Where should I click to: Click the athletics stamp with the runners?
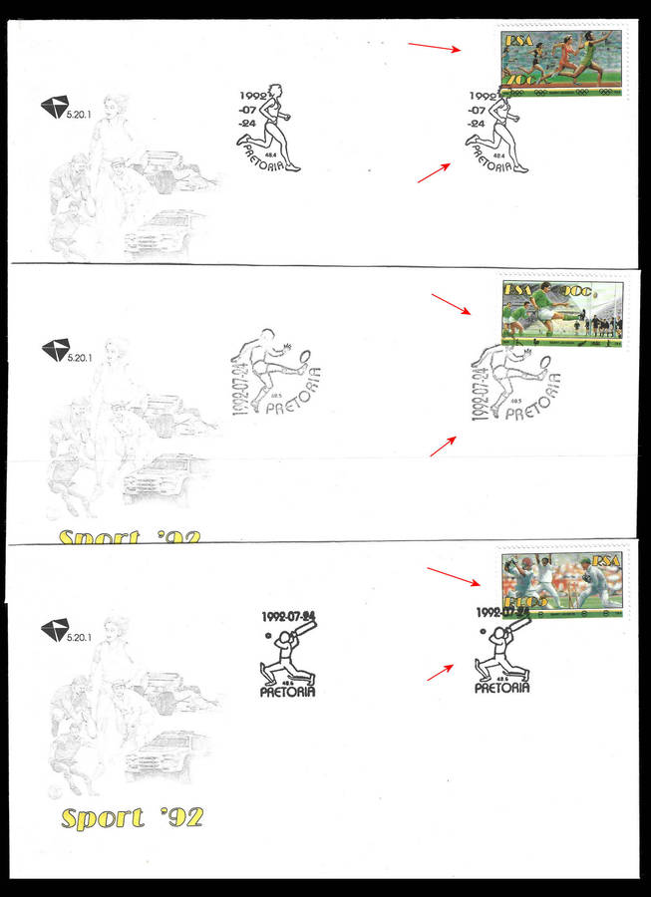pyautogui.click(x=561, y=63)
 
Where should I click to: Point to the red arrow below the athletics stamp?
pyautogui.click(x=433, y=172)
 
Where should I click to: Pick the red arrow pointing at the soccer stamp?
pyautogui.click(x=450, y=304)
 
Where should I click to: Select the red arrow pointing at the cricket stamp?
pyautogui.click(x=452, y=578)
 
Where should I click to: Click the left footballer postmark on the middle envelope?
pyautogui.click(x=275, y=372)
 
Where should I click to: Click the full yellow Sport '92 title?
pyautogui.click(x=132, y=818)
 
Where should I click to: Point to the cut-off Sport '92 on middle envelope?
pyautogui.click(x=129, y=538)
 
